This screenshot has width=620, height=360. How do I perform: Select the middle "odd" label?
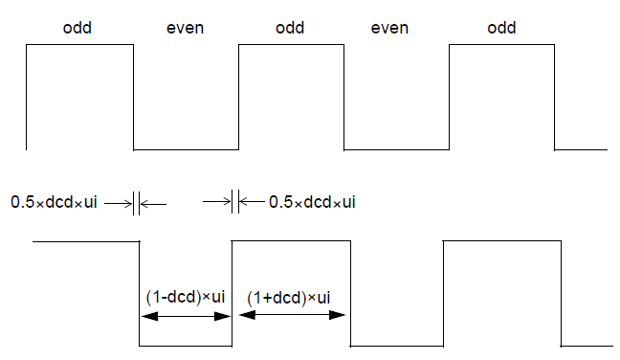[290, 28]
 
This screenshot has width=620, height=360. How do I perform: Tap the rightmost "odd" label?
[501, 28]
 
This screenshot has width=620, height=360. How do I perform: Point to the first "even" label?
[186, 28]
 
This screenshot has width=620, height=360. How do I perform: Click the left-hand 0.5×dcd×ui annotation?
[55, 203]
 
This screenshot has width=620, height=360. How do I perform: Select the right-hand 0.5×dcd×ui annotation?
[313, 202]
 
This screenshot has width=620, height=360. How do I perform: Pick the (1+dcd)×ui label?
[289, 297]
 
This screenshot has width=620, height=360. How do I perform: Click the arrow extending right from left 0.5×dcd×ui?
[120, 203]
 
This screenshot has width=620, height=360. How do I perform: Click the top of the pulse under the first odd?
[79, 46]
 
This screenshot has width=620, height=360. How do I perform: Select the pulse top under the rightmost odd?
[501, 46]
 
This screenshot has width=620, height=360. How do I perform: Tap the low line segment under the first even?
[186, 149]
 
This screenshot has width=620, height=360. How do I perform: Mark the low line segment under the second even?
[396, 149]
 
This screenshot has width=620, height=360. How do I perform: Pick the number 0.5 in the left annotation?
[22, 203]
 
